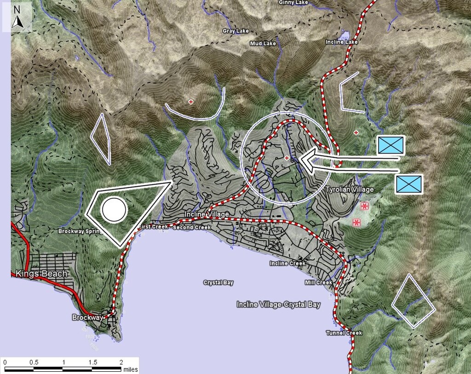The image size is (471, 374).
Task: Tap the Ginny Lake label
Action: pos(293,3)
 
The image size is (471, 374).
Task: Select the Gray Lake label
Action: pos(235,31)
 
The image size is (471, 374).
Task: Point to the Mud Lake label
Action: pos(263,44)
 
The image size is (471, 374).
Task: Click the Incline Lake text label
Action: pos(341,42)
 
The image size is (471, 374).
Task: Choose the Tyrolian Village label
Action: pos(350,190)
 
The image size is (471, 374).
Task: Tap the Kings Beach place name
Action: pos(41,274)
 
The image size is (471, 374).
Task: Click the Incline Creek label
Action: pos(287,264)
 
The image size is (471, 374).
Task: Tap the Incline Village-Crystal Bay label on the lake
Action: pos(278,305)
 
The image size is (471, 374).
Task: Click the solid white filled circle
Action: pos(114,209)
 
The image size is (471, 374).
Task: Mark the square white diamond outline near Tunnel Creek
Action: pos(414,301)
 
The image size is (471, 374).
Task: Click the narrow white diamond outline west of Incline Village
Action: pos(101,138)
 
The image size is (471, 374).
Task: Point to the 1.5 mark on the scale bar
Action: pos(93,362)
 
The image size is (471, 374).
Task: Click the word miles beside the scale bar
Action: pos(130,369)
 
